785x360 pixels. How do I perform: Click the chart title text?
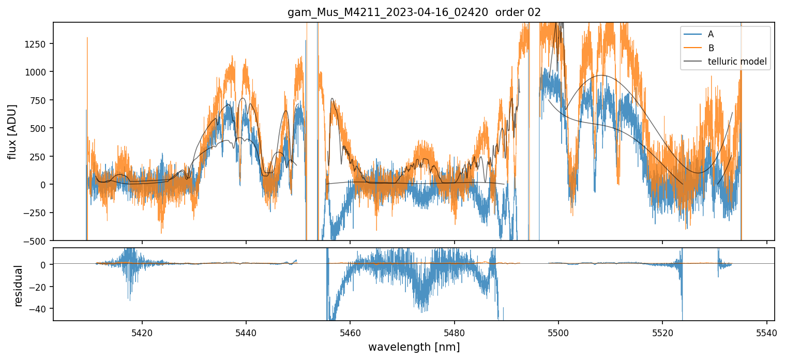click(414, 12)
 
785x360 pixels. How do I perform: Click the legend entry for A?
click(711, 34)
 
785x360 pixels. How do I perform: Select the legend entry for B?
click(711, 48)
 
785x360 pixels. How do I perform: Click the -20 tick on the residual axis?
click(40, 287)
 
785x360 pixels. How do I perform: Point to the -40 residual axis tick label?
click(40, 309)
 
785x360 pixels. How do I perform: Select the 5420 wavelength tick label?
click(142, 332)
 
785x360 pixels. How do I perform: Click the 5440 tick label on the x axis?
click(246, 332)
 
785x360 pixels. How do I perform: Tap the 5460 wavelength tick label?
click(350, 332)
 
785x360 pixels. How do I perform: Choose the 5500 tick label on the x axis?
click(558, 332)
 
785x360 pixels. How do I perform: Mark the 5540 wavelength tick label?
click(766, 332)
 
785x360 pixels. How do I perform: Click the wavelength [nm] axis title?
click(414, 347)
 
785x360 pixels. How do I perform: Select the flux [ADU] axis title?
click(12, 131)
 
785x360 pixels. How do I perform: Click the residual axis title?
click(19, 286)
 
